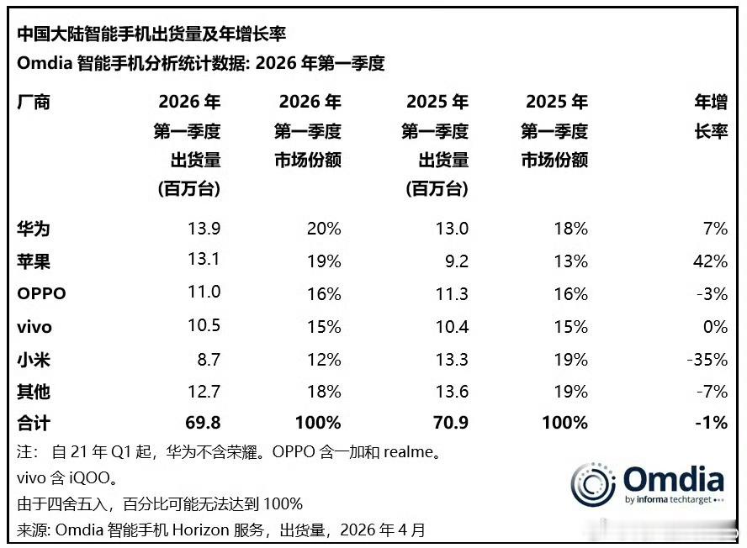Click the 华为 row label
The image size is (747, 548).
pos(34,228)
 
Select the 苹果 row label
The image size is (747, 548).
pos(34,261)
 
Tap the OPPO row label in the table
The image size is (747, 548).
pos(41,294)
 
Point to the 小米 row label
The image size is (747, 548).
pos(34,359)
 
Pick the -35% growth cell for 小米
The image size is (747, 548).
pos(707,359)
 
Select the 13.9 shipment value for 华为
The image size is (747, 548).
pos(204,228)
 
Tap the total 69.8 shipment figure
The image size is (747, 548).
pos(203,423)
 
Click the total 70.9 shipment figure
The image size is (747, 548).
pos(450,423)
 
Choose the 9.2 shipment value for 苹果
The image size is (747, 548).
pos(457,261)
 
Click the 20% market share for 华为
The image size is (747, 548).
pos(325,228)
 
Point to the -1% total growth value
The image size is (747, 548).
pos(712,423)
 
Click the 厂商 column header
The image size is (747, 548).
pos(34,103)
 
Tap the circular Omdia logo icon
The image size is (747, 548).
pos(593,484)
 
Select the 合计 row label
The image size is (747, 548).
pos(34,423)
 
